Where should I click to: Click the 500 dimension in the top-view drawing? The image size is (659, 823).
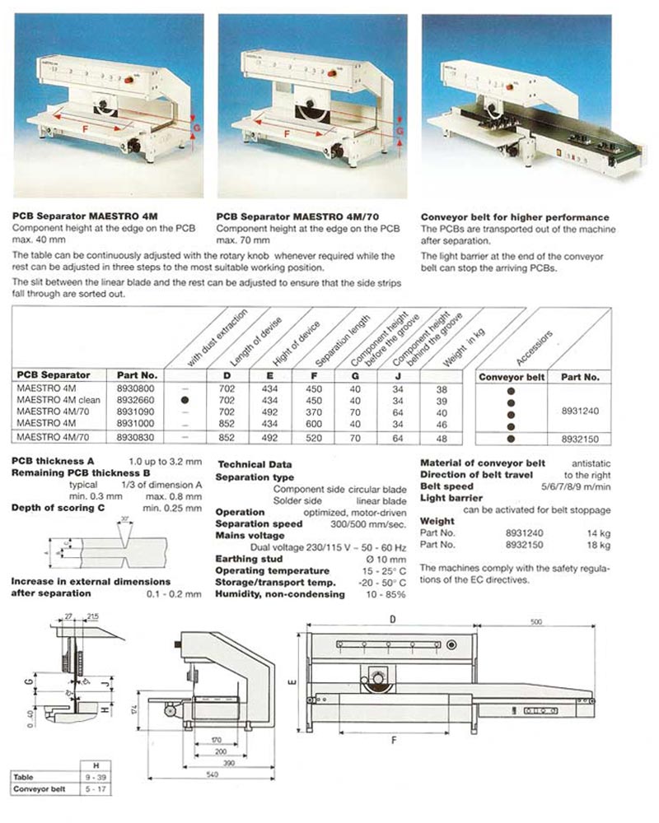tap(536, 622)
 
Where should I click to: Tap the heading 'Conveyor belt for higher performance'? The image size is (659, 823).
tap(515, 217)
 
